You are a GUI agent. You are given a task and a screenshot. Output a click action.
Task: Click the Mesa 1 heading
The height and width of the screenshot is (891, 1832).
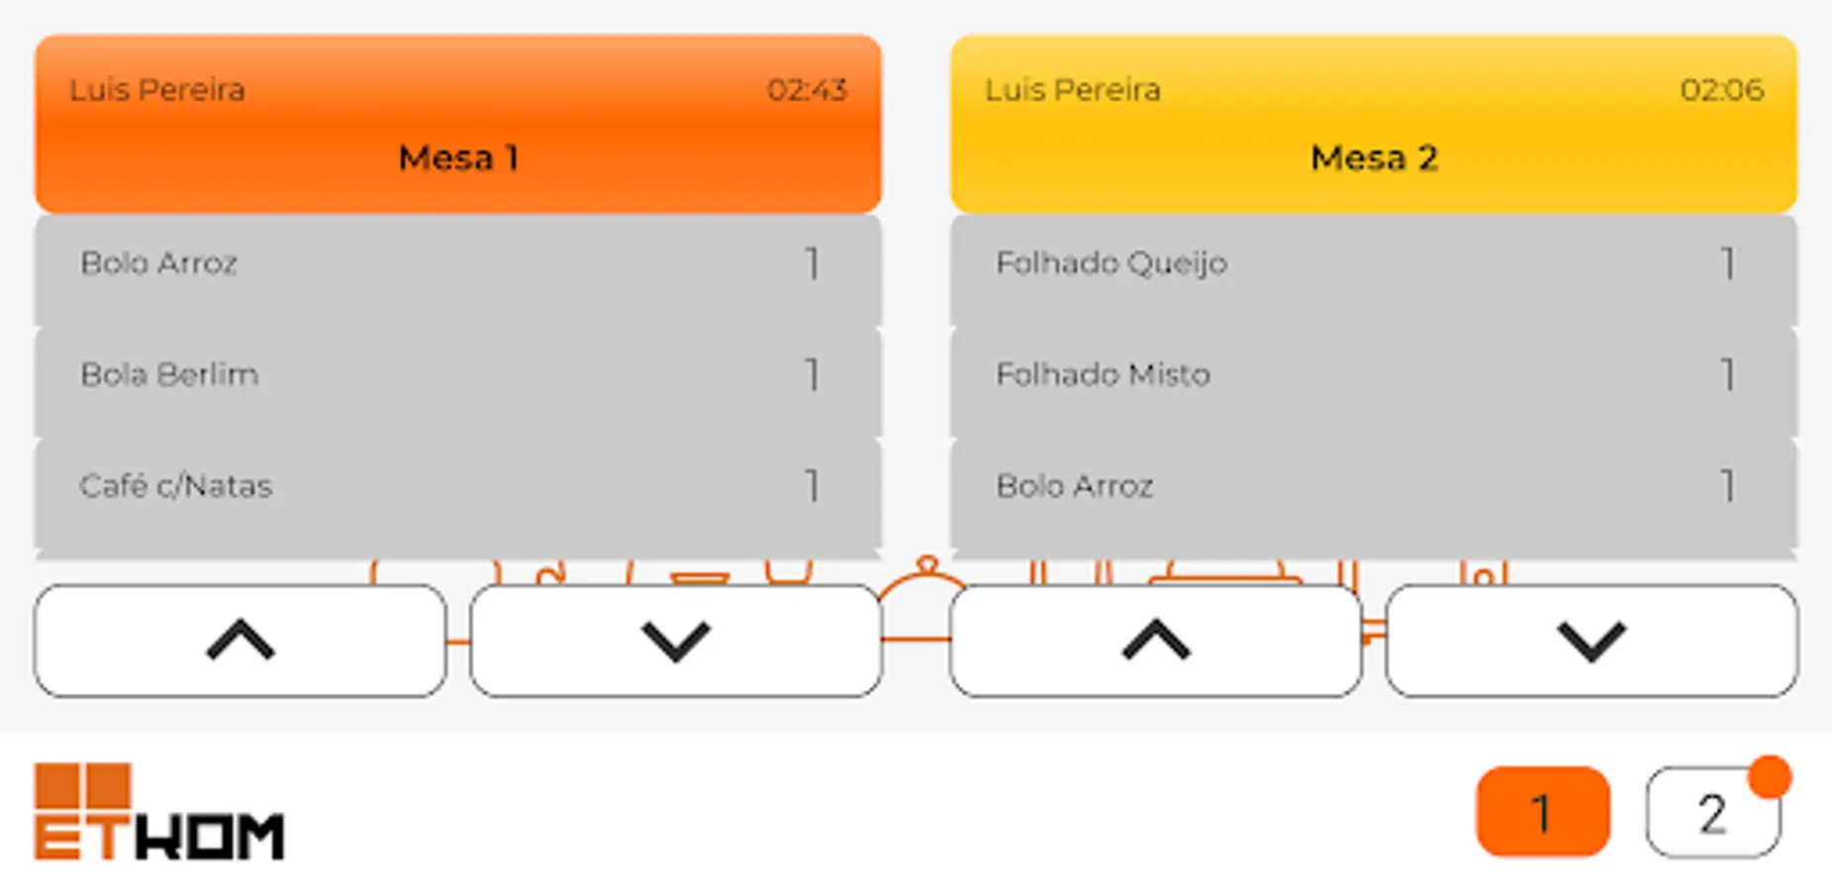[458, 157]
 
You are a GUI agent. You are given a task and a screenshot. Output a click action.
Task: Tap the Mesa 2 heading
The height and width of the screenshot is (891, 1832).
[1374, 157]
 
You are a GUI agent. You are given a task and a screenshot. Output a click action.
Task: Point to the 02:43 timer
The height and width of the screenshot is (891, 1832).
[807, 90]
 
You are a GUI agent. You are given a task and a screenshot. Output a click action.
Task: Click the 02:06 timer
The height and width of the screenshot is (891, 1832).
[1722, 90]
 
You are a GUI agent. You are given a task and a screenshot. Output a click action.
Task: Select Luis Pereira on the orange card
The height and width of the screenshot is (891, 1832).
[157, 90]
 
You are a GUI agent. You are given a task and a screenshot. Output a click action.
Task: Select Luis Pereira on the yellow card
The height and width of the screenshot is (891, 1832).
[1073, 90]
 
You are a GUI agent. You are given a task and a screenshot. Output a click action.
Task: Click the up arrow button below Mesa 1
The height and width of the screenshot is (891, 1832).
[241, 641]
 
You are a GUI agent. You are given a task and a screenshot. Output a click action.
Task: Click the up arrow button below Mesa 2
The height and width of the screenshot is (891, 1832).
[1156, 641]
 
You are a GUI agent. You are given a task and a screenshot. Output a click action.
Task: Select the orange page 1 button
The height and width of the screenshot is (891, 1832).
[1543, 812]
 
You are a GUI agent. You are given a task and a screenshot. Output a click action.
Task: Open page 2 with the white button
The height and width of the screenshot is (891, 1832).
[1713, 813]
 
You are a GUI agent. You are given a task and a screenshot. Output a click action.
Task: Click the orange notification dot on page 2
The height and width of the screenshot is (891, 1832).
[1770, 777]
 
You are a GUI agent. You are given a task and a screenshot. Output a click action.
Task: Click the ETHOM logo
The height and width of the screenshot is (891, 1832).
[159, 811]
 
